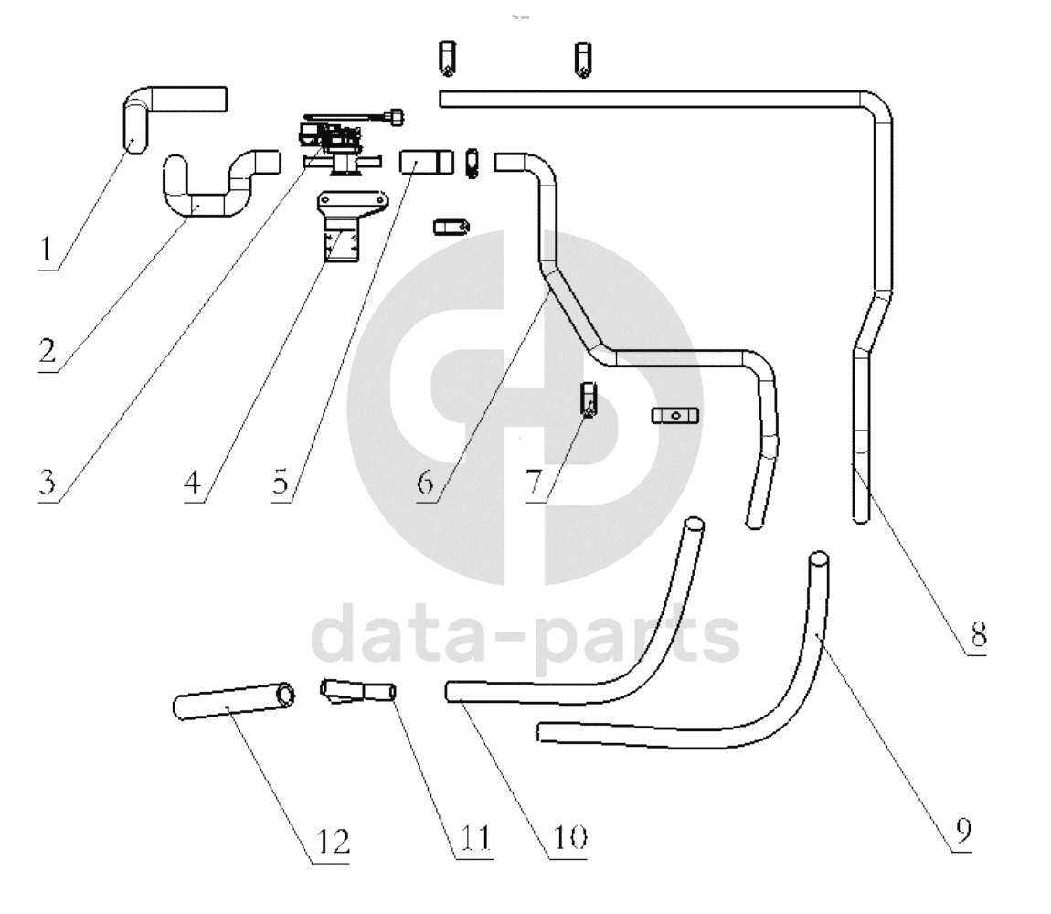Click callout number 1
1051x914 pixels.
pos(47,250)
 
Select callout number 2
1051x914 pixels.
pos(47,351)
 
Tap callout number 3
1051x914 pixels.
pos(47,483)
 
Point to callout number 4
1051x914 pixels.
pos(192,483)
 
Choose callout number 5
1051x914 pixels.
pos(281,483)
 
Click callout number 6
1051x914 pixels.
pos(426,483)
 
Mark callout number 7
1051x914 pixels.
pos(534,483)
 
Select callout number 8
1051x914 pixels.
pos(979,633)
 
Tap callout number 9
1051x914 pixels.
pos(964,832)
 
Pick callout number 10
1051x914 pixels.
pos(569,837)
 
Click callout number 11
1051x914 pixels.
pos(475,837)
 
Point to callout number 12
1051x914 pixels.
pos(333,842)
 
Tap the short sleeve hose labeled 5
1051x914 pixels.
pos(426,163)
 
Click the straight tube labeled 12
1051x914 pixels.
pos(233,701)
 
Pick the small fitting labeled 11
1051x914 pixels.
pos(358,691)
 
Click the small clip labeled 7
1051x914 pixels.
pos(589,399)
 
